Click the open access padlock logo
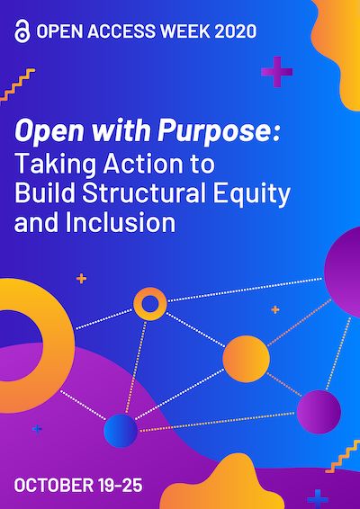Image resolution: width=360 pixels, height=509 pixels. tap(22, 31)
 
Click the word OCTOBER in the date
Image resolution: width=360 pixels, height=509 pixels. tap(53, 485)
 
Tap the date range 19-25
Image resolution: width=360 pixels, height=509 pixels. tap(120, 485)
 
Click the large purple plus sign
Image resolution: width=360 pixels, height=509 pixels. tap(277, 72)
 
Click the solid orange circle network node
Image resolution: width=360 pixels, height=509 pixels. tap(246, 359)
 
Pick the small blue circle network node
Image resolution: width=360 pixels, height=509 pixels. tap(121, 431)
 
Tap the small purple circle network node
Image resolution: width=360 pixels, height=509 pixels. tap(319, 412)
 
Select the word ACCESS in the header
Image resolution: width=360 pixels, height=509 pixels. tap(121, 31)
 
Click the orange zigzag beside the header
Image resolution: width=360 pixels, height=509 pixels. tap(17, 85)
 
